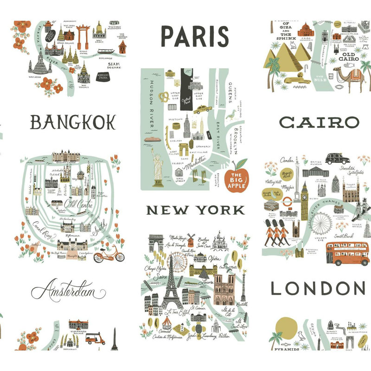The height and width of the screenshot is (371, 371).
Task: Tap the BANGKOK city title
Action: (73, 122)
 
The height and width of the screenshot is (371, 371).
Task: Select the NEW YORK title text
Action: (195, 210)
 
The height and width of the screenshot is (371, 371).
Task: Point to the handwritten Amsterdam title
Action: (69, 292)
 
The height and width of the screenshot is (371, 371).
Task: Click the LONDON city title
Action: (317, 288)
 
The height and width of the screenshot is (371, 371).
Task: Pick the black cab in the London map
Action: (337, 158)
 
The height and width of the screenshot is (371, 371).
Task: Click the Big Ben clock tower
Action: (304, 199)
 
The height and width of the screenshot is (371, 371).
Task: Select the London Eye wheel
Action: (321, 224)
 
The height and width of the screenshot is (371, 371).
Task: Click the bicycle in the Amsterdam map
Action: (109, 255)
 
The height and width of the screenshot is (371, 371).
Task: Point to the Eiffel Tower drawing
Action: (170, 283)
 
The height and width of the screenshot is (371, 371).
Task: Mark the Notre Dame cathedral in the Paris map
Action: (224, 289)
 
